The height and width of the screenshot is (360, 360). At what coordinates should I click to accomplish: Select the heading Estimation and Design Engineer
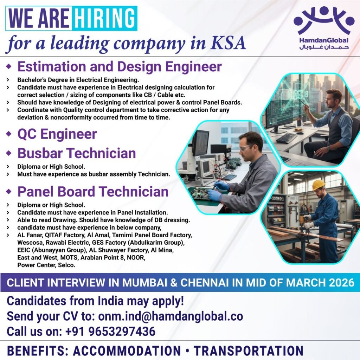click(x=120, y=66)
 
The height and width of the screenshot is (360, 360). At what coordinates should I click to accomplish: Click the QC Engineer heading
click(x=57, y=134)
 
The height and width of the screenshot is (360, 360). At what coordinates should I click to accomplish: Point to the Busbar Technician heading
click(x=77, y=154)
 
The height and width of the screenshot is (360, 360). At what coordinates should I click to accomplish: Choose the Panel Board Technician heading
click(x=93, y=192)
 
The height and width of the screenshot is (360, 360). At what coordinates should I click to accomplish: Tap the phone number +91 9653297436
click(x=110, y=331)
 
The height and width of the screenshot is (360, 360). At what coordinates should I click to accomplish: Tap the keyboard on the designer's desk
click(x=286, y=138)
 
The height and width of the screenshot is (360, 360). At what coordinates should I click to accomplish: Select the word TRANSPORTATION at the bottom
click(x=249, y=351)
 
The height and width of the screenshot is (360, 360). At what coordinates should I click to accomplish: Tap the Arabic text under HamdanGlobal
click(x=324, y=47)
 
